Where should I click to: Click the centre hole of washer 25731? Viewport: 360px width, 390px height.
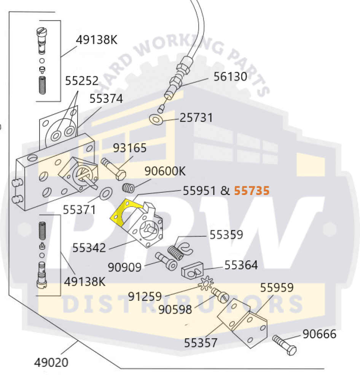click(x=156, y=119)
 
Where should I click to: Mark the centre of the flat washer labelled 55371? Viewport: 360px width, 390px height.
click(x=106, y=193)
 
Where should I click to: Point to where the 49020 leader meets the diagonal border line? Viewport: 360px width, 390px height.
click(x=78, y=342)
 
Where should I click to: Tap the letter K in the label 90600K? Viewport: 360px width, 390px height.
click(x=182, y=171)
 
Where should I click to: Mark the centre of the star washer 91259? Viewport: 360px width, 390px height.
click(x=206, y=283)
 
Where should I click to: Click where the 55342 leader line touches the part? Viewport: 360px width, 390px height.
click(x=136, y=241)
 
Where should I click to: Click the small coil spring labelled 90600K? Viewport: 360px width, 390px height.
click(x=129, y=188)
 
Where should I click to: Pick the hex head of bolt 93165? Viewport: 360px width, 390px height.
click(x=121, y=175)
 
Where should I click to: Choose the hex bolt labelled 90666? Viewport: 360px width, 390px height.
click(x=285, y=345)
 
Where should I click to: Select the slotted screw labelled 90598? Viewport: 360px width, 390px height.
click(x=220, y=295)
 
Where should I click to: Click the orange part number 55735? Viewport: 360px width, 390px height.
click(x=252, y=191)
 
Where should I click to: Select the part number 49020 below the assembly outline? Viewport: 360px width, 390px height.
click(x=51, y=363)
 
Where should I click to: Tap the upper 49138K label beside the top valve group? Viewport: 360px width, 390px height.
click(x=97, y=40)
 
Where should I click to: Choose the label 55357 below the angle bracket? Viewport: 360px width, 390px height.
click(x=201, y=343)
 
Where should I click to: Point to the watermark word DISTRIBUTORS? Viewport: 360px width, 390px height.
click(x=183, y=304)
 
